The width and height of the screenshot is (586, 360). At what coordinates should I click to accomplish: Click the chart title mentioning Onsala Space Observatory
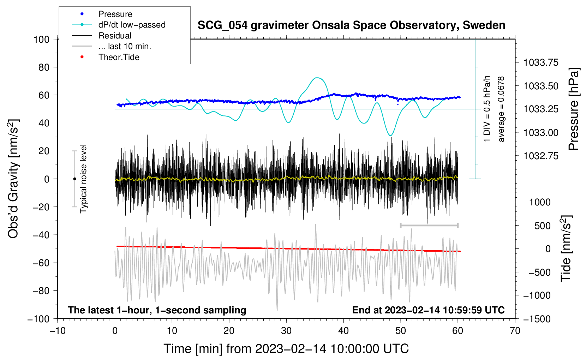pyautogui.click(x=351, y=25)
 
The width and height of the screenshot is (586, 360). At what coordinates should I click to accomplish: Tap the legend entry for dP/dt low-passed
pyautogui.click(x=132, y=25)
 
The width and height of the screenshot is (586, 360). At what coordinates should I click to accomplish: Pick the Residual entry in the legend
pyautogui.click(x=115, y=36)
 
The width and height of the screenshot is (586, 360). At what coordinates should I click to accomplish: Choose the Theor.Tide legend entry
pyautogui.click(x=119, y=57)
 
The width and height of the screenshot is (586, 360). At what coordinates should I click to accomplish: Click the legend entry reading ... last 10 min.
pyautogui.click(x=125, y=46)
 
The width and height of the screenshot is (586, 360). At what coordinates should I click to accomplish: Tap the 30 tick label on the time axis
pyautogui.click(x=286, y=331)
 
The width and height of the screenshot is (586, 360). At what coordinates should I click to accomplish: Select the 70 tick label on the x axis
pyautogui.click(x=515, y=331)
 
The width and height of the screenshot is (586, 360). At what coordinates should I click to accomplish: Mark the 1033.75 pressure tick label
pyautogui.click(x=541, y=62)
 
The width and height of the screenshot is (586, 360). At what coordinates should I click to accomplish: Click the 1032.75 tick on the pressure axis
pyautogui.click(x=541, y=156)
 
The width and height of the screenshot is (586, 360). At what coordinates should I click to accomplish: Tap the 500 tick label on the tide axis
pyautogui.click(x=542, y=226)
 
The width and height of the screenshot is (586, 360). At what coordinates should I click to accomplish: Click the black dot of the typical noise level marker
pyautogui.click(x=74, y=179)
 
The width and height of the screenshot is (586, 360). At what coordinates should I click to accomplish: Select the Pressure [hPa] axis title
pyautogui.click(x=574, y=109)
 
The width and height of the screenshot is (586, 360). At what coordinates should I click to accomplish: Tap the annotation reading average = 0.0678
pyautogui.click(x=501, y=109)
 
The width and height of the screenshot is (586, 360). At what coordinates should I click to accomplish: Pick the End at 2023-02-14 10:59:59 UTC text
pyautogui.click(x=428, y=310)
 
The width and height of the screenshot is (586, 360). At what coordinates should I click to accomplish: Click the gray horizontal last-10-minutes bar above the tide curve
pyautogui.click(x=429, y=225)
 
